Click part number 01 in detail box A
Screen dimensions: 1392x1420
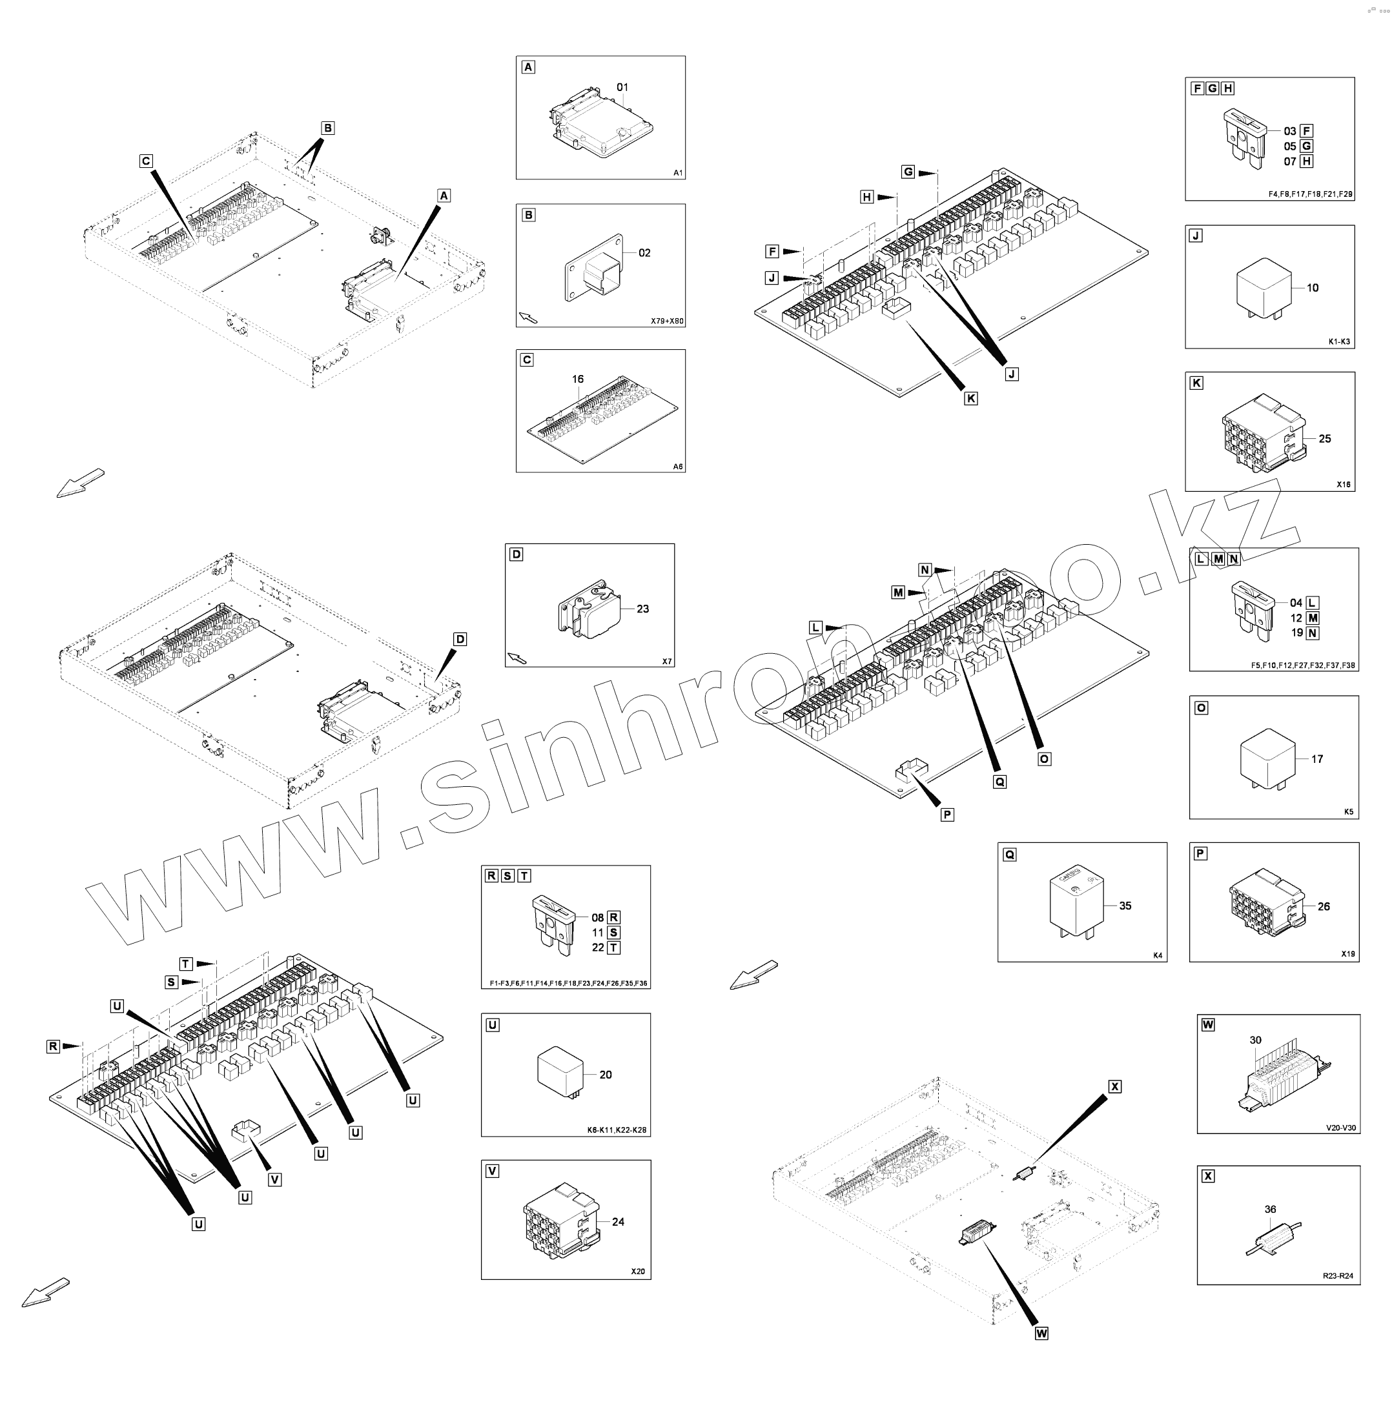(622, 87)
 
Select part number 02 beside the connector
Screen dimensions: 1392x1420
(644, 253)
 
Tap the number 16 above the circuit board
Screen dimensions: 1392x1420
(578, 380)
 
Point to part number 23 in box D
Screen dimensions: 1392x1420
(642, 609)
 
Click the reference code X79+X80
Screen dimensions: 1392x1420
(667, 321)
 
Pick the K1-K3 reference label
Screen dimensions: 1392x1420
(1339, 342)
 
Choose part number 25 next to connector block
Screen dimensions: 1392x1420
(1325, 438)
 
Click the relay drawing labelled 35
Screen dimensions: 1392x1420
(1078, 906)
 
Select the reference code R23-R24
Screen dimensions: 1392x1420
(1338, 1276)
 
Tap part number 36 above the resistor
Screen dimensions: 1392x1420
(1271, 1210)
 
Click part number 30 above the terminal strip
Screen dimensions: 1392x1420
(1255, 1040)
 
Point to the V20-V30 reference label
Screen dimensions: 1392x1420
(1341, 1128)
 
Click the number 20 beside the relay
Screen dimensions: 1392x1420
(606, 1074)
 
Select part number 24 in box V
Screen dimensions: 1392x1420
(618, 1221)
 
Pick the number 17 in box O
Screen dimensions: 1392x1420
(1316, 758)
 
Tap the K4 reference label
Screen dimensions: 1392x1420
(1158, 956)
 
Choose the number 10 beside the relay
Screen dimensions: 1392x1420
(1313, 288)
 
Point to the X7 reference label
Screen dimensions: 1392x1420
(667, 661)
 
